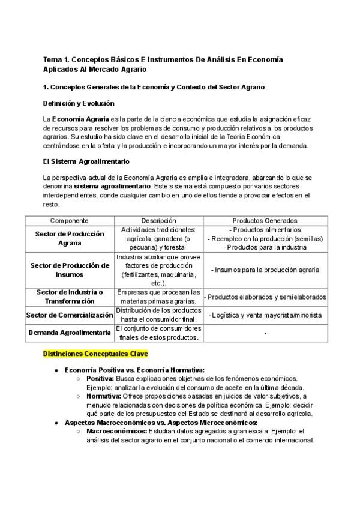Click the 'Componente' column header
[x=70, y=221]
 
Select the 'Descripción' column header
[x=158, y=221]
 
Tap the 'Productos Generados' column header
[x=265, y=221]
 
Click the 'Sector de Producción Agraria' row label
[x=70, y=238]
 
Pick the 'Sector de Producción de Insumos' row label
[x=70, y=270]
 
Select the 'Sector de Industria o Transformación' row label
[x=70, y=297]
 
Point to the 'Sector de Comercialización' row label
[x=70, y=315]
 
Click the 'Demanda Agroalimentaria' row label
[x=70, y=333]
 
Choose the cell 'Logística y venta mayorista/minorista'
[x=265, y=315]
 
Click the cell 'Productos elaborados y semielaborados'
[x=266, y=297]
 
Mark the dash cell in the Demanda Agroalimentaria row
[x=265, y=333]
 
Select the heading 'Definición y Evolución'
[x=79, y=103]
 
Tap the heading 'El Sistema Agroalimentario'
[x=86, y=161]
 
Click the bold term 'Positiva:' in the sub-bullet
[x=101, y=379]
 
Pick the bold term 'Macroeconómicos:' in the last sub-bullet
[x=116, y=431]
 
